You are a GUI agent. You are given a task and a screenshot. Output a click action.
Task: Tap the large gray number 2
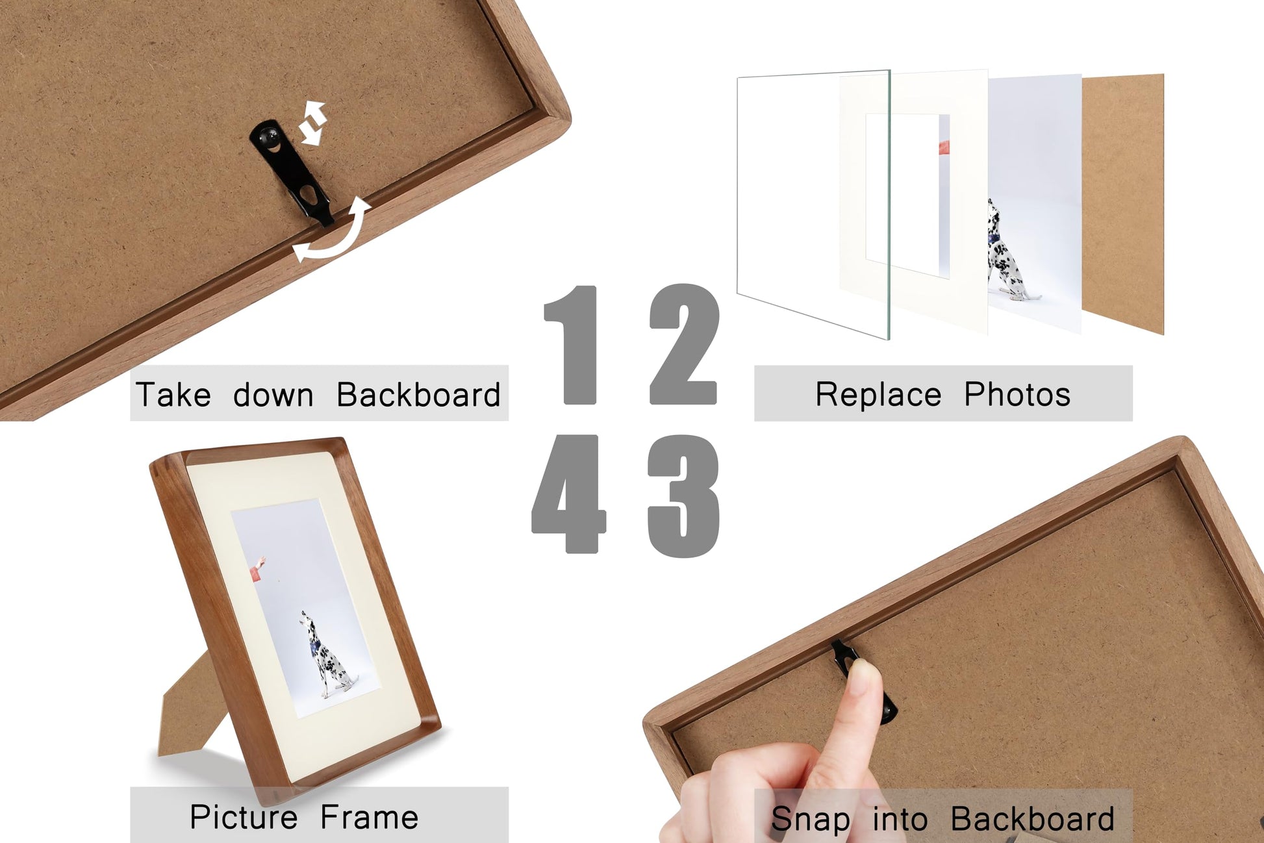click(x=684, y=344)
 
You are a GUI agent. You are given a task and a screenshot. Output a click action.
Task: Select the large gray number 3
click(x=684, y=496)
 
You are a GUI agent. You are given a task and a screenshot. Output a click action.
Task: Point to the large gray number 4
click(x=569, y=494)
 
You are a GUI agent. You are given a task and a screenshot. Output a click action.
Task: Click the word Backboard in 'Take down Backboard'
click(x=418, y=394)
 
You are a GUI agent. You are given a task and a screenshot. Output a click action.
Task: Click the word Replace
click(x=878, y=394)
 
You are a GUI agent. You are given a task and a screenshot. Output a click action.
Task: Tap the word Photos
click(x=1017, y=394)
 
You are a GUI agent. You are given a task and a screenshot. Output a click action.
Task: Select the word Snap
click(x=811, y=820)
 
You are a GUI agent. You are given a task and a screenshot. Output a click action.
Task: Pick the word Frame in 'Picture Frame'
click(x=370, y=817)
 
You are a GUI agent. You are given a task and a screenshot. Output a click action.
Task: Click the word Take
click(x=173, y=394)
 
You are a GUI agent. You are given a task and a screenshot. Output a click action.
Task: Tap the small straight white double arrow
click(x=312, y=122)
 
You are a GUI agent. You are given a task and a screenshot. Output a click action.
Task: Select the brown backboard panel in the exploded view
click(x=1122, y=204)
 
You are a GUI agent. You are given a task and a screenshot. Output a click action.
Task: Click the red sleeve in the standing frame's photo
click(x=255, y=572)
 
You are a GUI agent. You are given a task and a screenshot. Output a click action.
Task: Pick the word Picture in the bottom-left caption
click(x=244, y=817)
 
